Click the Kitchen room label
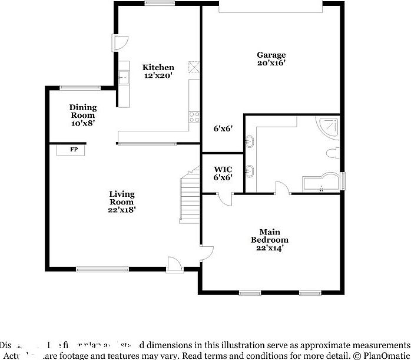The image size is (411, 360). click(x=158, y=67)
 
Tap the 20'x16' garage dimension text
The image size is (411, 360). click(x=271, y=63)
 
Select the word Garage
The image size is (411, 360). click(x=271, y=55)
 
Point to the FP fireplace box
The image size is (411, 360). click(x=74, y=150)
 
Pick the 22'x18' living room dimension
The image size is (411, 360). click(x=122, y=210)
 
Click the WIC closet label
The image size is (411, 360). click(x=223, y=169)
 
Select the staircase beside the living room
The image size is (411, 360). click(x=190, y=194)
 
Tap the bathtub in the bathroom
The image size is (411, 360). click(x=321, y=183)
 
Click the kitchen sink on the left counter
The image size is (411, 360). click(x=124, y=77)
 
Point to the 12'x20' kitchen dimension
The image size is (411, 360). click(x=158, y=75)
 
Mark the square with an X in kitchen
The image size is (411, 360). click(x=193, y=66)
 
